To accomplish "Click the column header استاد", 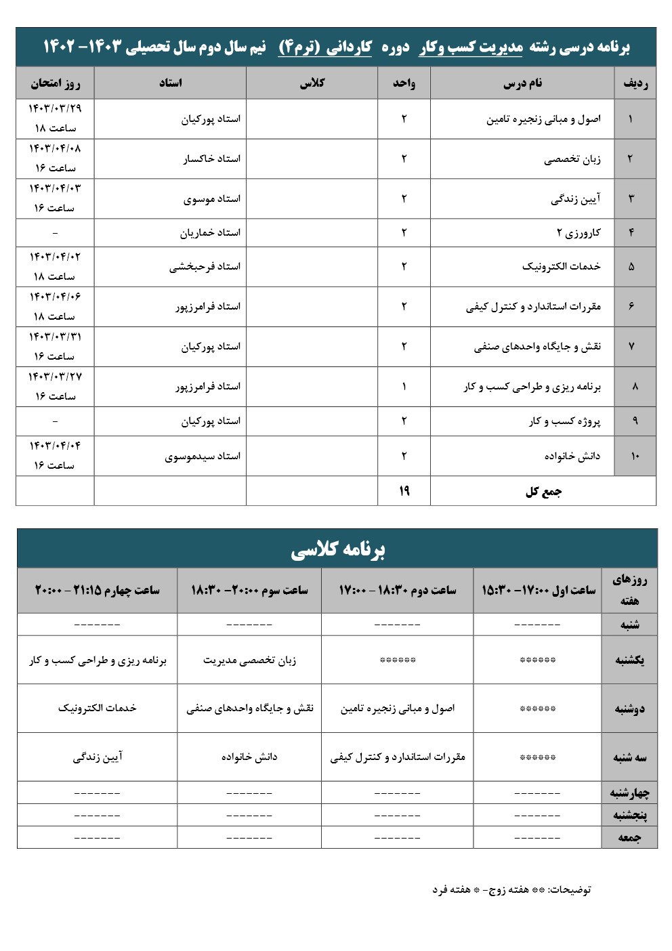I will pyautogui.click(x=170, y=83).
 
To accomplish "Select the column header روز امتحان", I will pyautogui.click(x=55, y=83).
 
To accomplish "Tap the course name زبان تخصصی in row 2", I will pyautogui.click(x=572, y=159).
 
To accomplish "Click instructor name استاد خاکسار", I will pyautogui.click(x=211, y=158).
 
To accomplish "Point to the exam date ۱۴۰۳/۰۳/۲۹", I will pyautogui.click(x=55, y=108).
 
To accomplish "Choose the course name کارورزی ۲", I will pyautogui.click(x=579, y=233).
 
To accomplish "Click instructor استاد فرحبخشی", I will pyautogui.click(x=205, y=267).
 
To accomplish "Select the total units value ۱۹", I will pyautogui.click(x=404, y=491).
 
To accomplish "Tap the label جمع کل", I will pyautogui.click(x=543, y=492).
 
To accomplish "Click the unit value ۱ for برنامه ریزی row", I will pyautogui.click(x=404, y=387).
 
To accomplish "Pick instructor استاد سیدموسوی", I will pyautogui.click(x=203, y=457).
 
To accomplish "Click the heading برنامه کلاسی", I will pyautogui.click(x=337, y=549).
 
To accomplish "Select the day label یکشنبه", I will pyautogui.click(x=629, y=660).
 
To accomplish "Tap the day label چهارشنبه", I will pyautogui.click(x=629, y=792).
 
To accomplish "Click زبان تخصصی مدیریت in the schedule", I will pyautogui.click(x=249, y=660).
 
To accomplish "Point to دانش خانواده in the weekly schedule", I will pyautogui.click(x=249, y=757).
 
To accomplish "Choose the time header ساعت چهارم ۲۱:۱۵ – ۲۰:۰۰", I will pyautogui.click(x=97, y=590).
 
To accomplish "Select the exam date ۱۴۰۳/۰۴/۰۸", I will pyautogui.click(x=55, y=148).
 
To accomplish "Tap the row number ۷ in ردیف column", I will pyautogui.click(x=631, y=347).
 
